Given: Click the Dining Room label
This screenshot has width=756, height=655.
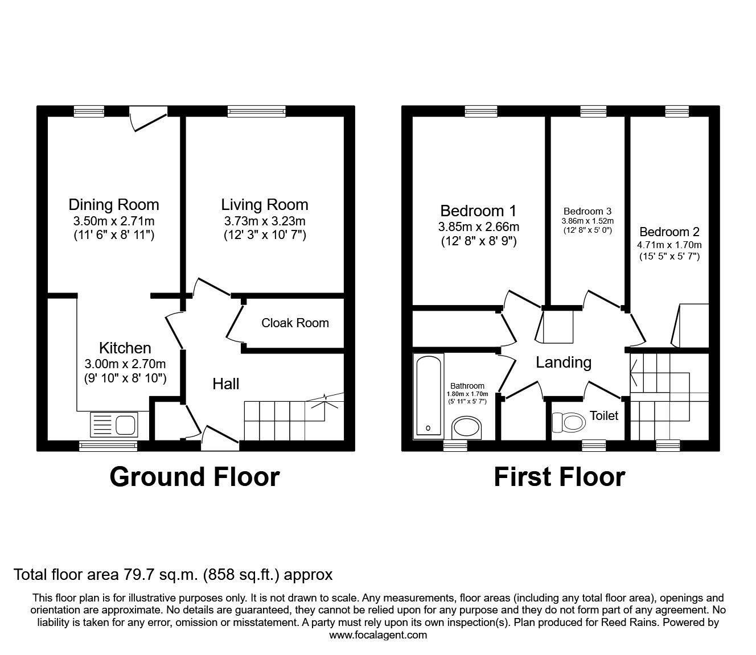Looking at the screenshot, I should click(x=113, y=205).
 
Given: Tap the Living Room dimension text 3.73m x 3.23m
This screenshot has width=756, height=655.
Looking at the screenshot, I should click(x=264, y=221).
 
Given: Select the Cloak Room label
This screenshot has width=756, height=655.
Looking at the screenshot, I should click(x=295, y=323).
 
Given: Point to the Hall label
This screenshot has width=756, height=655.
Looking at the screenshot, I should click(x=225, y=384).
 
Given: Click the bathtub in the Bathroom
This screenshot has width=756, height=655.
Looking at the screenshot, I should click(x=428, y=396).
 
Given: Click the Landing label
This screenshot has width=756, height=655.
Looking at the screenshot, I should click(x=563, y=362).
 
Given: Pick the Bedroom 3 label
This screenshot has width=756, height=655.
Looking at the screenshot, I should click(x=587, y=211).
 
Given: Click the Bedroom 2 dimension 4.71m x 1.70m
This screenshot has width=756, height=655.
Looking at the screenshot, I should click(x=670, y=245).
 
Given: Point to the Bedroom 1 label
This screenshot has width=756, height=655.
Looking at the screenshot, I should click(x=478, y=211).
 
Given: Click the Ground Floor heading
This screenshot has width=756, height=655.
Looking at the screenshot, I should click(x=194, y=477).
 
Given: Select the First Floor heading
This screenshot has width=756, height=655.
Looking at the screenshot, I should click(x=559, y=477).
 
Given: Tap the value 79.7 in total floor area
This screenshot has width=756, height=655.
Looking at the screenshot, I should click(x=139, y=575).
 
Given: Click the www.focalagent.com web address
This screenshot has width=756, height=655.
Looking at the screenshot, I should click(x=378, y=635).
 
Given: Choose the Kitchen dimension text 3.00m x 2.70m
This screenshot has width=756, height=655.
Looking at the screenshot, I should click(x=125, y=364).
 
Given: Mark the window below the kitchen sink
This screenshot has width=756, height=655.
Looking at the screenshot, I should click(x=108, y=446).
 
